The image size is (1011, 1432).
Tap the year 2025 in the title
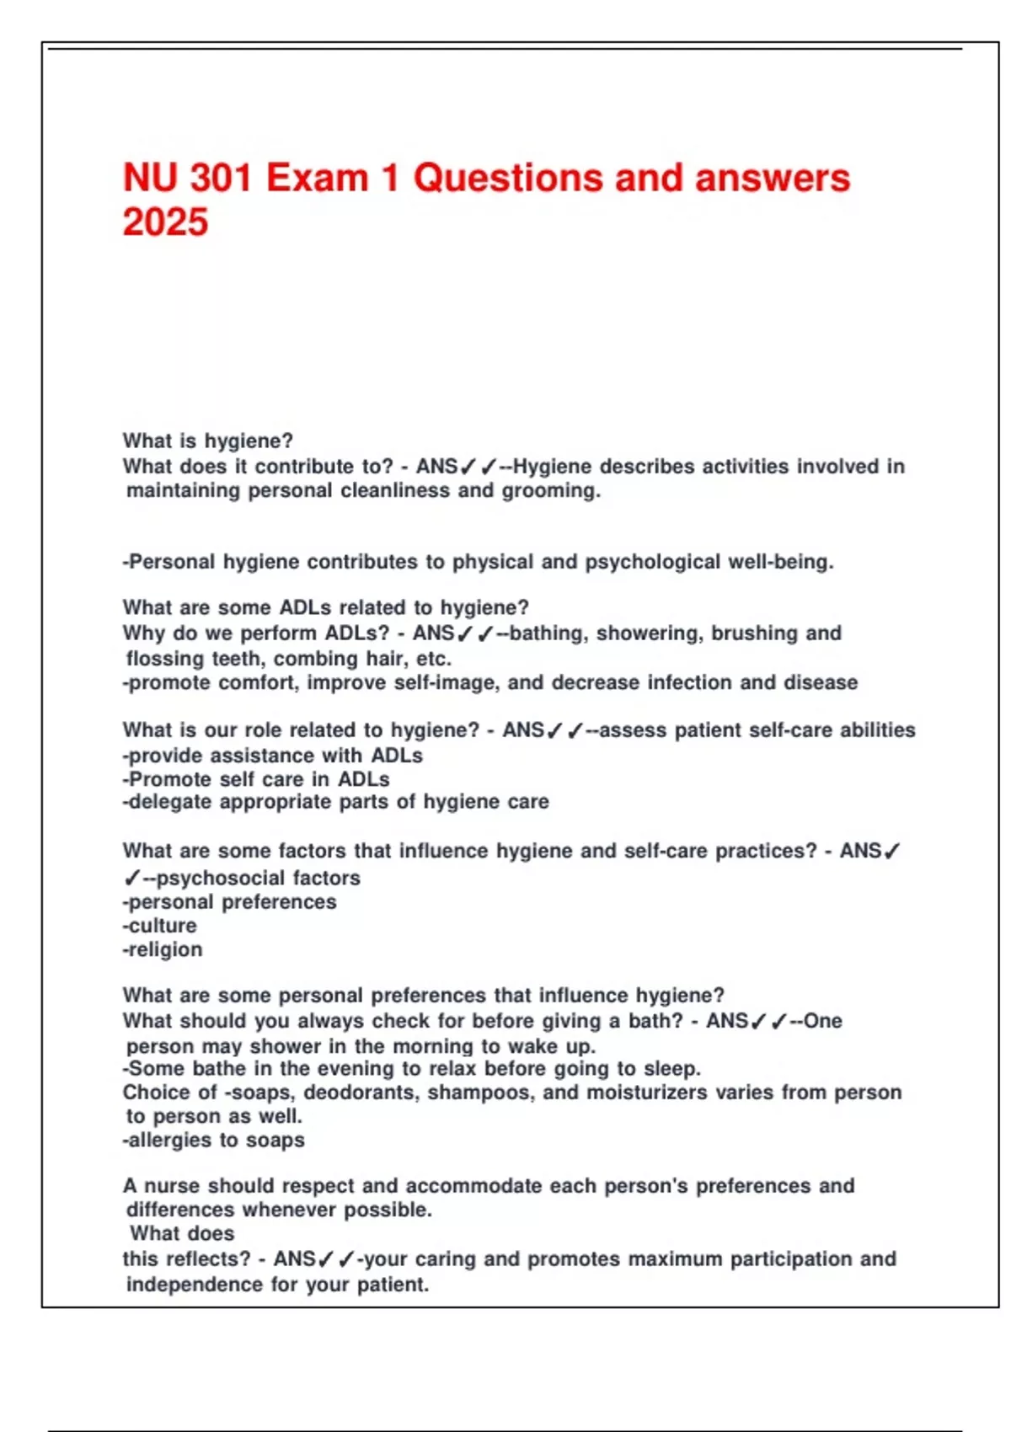click(165, 222)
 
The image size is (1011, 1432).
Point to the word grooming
click(551, 490)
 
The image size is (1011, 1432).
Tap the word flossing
click(164, 659)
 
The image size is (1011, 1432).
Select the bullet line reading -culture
click(160, 926)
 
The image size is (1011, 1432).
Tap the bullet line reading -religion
click(163, 949)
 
